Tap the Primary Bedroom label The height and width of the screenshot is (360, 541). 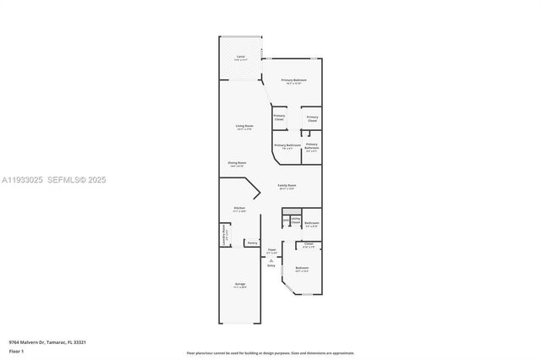tap(294, 81)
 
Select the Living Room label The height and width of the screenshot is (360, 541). tap(244, 127)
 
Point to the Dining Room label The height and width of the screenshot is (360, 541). tap(237, 163)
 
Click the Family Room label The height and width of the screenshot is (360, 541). tap(287, 186)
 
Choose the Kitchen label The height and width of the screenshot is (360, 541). tap(239, 210)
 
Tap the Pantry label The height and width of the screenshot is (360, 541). tap(251, 243)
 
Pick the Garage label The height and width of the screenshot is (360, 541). tap(240, 286)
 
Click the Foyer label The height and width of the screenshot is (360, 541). tap(272, 250)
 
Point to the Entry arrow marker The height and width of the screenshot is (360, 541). tap(270, 261)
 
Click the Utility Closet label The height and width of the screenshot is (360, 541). tap(296, 220)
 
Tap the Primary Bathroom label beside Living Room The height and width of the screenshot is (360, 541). tap(287, 146)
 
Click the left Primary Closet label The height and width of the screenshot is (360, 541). tap(279, 117)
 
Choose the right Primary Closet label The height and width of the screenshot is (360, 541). tap(312, 118)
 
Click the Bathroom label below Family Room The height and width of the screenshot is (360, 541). tap(311, 224)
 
